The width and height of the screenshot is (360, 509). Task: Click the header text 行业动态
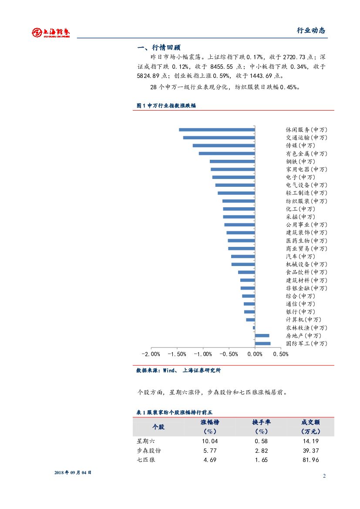coord(311,30)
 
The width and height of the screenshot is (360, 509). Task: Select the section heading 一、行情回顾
coord(158,48)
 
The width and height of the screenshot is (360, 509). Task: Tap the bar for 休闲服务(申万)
coord(216,129)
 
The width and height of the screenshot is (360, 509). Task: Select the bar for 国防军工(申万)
coord(262,344)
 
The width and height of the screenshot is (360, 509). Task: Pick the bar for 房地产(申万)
coord(262,336)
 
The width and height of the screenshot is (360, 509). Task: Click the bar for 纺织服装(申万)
coord(238,201)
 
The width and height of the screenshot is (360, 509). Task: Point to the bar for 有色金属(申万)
coord(226,153)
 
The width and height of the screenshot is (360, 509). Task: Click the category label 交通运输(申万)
coord(306,138)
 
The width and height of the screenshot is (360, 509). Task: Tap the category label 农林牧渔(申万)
coord(306,328)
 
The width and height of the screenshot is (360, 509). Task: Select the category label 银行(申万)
coord(300,312)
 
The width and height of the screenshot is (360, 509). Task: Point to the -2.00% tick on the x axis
coord(151,354)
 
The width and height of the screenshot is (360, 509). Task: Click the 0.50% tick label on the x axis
coord(281,354)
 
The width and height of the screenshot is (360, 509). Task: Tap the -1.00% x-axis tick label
coord(203,354)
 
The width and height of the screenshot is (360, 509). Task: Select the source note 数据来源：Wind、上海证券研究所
coord(178,371)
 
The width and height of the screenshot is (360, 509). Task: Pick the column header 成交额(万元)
coord(310,427)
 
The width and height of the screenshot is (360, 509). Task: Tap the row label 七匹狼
coord(146,460)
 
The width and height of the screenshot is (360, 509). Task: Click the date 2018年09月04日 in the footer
coord(73,472)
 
